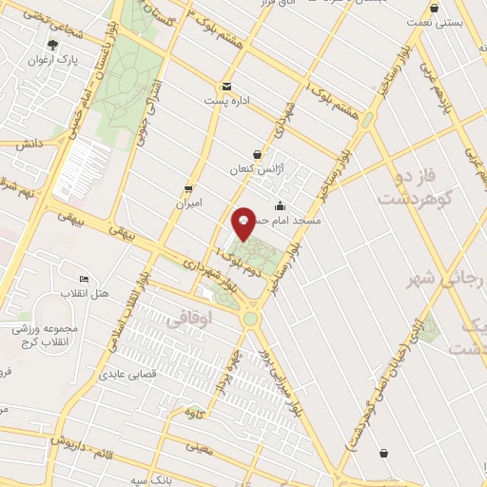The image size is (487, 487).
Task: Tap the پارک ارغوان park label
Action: pos(53,60)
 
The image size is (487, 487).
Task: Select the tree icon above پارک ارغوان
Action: pos(52,44)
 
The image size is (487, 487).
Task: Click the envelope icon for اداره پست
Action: pos(226,86)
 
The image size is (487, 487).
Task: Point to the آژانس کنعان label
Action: pos(249,169)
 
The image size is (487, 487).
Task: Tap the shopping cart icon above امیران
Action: pos(188,188)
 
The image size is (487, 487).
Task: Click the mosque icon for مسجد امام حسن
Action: pos(280,206)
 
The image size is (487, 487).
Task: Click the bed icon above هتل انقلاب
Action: pos(84,280)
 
